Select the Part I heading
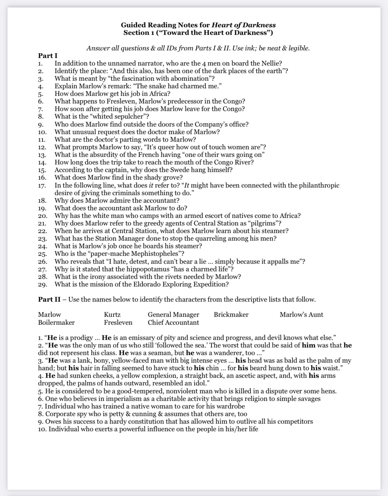tap(48, 56)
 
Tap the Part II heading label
tap(49, 299)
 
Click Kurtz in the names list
tap(112, 314)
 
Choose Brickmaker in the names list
tap(231, 314)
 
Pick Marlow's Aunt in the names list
tap(301, 314)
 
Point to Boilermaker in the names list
tap(56, 323)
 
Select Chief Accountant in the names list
tap(173, 323)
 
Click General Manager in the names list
tap(173, 314)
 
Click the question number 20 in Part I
tap(42, 216)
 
